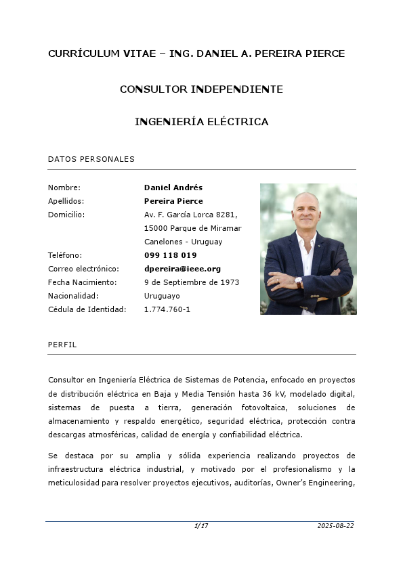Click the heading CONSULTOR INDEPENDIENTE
click(201, 89)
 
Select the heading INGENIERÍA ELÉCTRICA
click(201, 122)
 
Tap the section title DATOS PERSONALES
click(91, 159)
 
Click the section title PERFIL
click(62, 345)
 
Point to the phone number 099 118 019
click(170, 255)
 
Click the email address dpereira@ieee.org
click(182, 269)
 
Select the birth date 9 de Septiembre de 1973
click(192, 282)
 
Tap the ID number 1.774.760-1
click(167, 309)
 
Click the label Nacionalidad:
click(74, 296)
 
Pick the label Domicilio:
click(66, 215)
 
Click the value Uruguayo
click(162, 296)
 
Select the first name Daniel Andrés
click(173, 188)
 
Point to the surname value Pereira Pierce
click(173, 201)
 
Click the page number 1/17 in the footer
click(201, 526)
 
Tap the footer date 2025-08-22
click(335, 526)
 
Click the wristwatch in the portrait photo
click(299, 282)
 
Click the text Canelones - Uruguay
click(183, 242)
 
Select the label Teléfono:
click(65, 255)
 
